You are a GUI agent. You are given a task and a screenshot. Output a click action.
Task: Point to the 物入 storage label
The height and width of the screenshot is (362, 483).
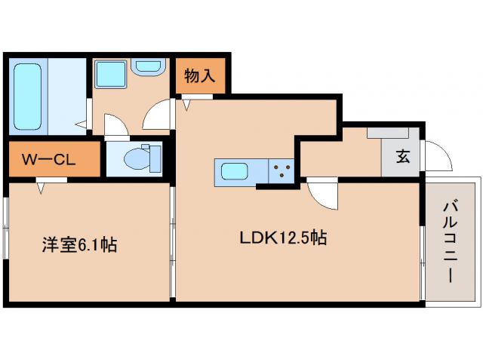pos(200,75)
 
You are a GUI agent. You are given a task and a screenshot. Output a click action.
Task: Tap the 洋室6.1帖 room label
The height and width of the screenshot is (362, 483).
pos(78,245)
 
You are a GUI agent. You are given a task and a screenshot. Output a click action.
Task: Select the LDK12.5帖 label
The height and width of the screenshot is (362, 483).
pos(283,238)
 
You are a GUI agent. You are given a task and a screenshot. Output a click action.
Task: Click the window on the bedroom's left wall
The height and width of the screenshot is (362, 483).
pos(6,241)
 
